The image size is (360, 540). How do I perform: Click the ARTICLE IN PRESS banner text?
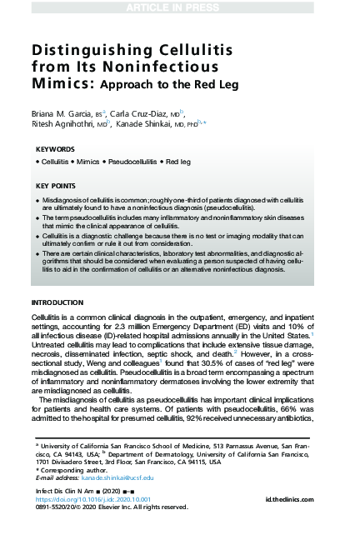[x=180, y=7]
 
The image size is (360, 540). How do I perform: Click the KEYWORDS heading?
[x=55, y=149]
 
